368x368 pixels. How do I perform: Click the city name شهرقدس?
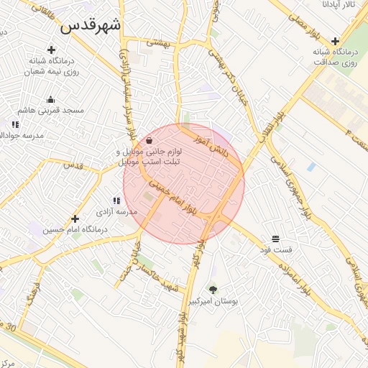pyautogui.click(x=91, y=26)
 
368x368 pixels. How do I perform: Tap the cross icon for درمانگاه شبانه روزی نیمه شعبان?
pyautogui.click(x=51, y=50)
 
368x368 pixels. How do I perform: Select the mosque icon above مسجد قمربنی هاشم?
pyautogui.click(x=51, y=100)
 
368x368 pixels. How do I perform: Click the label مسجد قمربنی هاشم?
pyautogui.click(x=51, y=111)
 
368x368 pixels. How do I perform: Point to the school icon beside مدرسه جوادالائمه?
pyautogui.click(x=15, y=125)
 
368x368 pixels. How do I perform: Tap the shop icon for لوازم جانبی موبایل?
pyautogui.click(x=149, y=140)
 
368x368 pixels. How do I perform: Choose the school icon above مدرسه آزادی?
pyautogui.click(x=116, y=202)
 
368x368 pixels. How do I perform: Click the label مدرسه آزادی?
pyautogui.click(x=116, y=213)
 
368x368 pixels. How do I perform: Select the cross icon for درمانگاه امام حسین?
pyautogui.click(x=75, y=218)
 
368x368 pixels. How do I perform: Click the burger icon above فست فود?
pyautogui.click(x=275, y=239)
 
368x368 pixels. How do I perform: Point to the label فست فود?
pyautogui.click(x=276, y=249)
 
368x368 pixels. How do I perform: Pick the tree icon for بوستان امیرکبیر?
pyautogui.click(x=213, y=290)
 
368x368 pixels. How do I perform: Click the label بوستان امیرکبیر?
pyautogui.click(x=213, y=302)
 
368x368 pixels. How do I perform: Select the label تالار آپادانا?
pyautogui.click(x=339, y=5)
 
